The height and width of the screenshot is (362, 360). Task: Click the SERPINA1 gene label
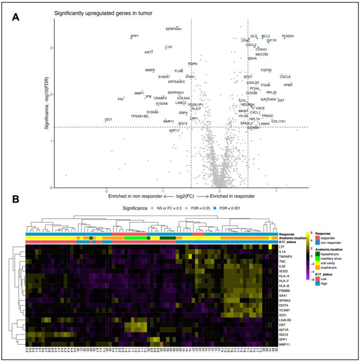click(x=174, y=29)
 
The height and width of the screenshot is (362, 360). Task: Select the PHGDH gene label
click(x=288, y=36)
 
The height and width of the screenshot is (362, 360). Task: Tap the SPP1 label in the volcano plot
click(x=134, y=36)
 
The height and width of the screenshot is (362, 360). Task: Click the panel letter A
click(x=15, y=17)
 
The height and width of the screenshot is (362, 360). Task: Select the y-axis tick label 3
click(x=51, y=48)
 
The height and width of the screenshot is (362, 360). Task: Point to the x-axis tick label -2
click(x=106, y=191)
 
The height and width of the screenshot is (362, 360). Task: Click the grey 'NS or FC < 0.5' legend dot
click(x=152, y=208)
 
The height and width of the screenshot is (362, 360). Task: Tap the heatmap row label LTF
click(x=283, y=246)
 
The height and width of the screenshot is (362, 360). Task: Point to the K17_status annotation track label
click(x=289, y=242)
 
